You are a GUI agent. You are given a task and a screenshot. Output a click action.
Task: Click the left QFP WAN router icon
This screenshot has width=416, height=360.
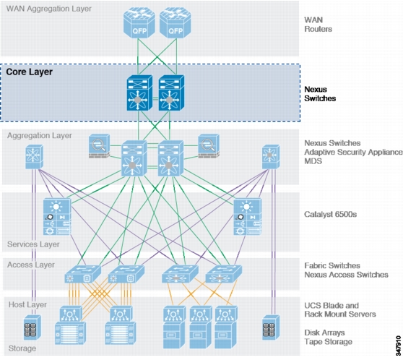coord(139,22)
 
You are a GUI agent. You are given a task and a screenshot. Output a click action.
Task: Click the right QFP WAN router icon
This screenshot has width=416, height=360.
coord(175,22)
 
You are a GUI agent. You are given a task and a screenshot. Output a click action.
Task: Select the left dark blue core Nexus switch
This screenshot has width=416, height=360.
coord(139,93)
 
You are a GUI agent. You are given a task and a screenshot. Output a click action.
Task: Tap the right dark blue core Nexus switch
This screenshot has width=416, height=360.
coord(171,93)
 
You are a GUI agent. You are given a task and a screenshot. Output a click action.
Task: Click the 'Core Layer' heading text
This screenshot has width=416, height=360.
coord(29,72)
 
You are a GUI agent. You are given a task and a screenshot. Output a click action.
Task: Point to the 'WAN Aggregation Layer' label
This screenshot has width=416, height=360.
coord(49,9)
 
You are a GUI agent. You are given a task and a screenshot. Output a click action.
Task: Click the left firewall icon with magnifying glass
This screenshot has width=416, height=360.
coord(99,146)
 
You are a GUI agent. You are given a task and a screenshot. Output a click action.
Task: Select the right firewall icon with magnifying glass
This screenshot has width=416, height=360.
coord(209,146)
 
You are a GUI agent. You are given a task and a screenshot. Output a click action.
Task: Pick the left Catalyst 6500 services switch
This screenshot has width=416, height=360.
coord(57,216)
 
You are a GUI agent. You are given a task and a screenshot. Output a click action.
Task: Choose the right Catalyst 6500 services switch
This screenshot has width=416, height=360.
coord(248,216)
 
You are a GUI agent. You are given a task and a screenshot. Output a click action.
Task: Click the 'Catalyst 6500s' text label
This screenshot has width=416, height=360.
coord(330,214)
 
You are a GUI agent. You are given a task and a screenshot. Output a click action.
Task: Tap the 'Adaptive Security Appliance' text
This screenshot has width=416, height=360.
coord(353,152)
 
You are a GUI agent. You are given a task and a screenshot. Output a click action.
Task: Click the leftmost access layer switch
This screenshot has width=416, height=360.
coord(83,274)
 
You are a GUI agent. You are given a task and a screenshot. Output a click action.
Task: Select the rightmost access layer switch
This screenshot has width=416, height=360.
coord(224,274)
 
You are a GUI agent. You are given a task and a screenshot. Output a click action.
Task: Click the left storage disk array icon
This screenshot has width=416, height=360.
coord(32,327)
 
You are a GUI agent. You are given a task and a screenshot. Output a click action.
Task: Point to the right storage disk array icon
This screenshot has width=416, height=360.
coord(271,327)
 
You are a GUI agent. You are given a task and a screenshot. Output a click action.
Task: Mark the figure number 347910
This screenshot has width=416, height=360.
coord(398,346)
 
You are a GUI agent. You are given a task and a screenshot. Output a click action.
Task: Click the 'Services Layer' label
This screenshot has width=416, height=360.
coord(33,244)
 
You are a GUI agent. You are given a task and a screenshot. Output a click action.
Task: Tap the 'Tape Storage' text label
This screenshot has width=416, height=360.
coord(328,342)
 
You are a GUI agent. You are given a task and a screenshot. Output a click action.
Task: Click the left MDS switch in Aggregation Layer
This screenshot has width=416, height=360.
coord(34,157)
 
